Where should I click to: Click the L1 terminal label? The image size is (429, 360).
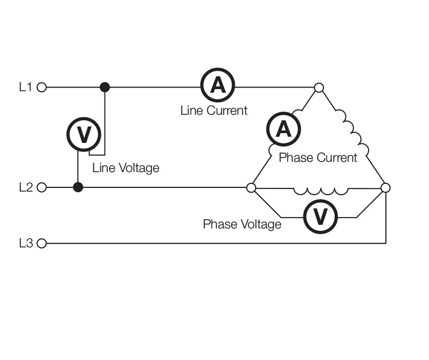coord(25,87)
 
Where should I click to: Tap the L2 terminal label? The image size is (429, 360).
coord(26,187)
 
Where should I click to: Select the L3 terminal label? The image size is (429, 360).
coord(26,243)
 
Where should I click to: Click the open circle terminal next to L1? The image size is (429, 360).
coord(42,88)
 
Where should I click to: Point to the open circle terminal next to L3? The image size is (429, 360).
coord(42,243)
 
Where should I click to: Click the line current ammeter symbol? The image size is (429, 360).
coord(217,86)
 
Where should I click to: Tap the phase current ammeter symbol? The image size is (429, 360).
coord(283,129)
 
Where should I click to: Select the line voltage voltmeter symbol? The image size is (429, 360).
coord(84,134)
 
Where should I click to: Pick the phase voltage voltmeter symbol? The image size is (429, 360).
coord(320,217)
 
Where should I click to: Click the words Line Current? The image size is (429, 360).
coord(214,110)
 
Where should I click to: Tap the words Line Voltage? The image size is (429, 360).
coord(126,167)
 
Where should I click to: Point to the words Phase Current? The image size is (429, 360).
coord(317,157)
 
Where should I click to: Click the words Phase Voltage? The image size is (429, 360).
coord(242,224)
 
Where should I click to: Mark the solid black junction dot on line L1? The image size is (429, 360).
coord(105,87)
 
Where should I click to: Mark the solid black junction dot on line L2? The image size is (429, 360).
coord(78,187)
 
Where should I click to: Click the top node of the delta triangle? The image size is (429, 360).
coord(319,88)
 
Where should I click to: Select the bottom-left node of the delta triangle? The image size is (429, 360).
coord(251,188)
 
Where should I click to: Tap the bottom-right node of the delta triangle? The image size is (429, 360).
coord(385,188)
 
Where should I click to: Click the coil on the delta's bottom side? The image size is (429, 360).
coord(320,191)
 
